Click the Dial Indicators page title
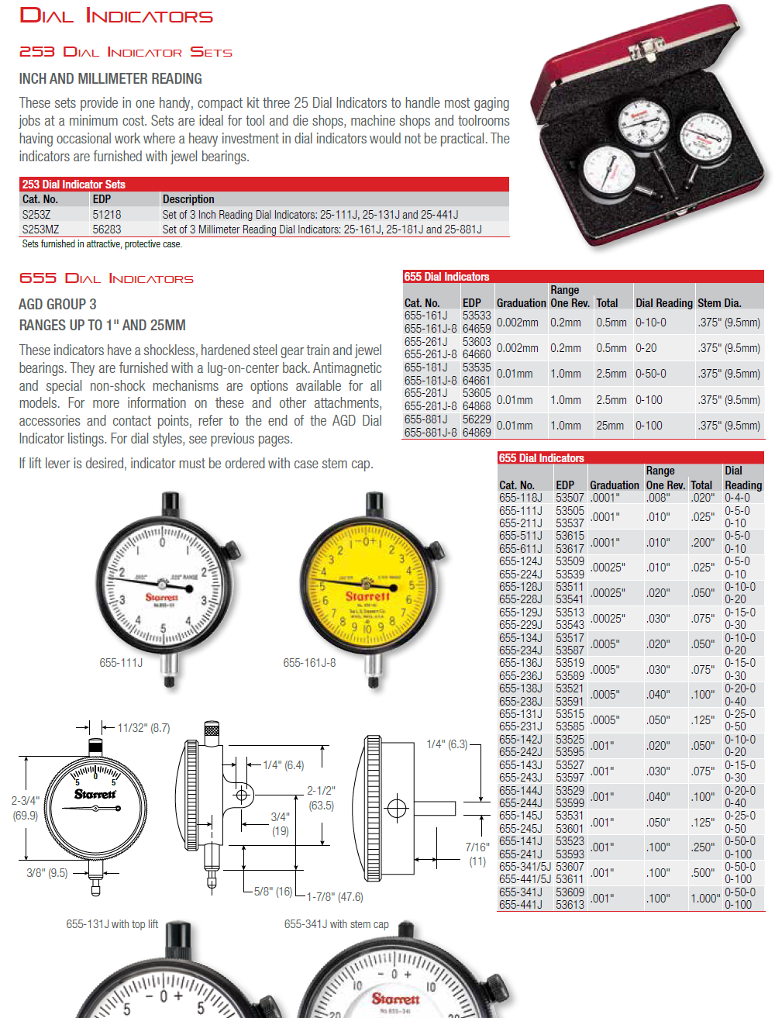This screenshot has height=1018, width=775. click(115, 16)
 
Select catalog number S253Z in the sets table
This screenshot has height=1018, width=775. click(36, 215)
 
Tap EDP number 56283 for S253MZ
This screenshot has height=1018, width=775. click(107, 229)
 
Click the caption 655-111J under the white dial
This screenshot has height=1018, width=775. click(121, 663)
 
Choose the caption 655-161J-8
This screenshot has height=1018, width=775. click(309, 663)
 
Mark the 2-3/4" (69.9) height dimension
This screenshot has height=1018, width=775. click(25, 808)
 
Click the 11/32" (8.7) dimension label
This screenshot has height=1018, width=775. click(143, 728)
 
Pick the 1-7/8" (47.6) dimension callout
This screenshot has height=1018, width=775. click(335, 897)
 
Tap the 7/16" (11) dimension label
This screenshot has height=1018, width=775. click(477, 854)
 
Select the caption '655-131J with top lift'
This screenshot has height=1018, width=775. click(112, 924)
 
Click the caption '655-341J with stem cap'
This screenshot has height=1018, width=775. click(336, 924)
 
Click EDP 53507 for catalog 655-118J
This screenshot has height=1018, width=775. click(570, 498)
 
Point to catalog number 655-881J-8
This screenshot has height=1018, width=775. click(430, 433)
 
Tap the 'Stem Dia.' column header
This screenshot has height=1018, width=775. click(718, 303)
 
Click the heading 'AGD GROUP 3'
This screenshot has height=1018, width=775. click(57, 304)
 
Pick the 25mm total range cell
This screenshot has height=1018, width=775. click(610, 426)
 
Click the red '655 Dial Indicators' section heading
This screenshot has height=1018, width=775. click(106, 278)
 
